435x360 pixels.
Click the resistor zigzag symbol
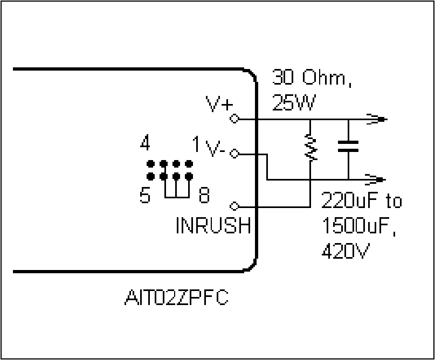click(310, 147)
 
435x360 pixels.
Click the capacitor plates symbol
click(348, 146)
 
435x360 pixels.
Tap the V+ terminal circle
click(234, 119)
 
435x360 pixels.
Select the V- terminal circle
click(234, 154)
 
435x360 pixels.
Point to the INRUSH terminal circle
click(234, 206)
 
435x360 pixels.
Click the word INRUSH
click(213, 225)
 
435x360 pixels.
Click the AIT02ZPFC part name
click(176, 297)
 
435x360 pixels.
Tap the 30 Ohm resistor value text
click(312, 78)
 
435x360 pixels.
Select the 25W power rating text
click(294, 102)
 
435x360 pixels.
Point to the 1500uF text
click(359, 226)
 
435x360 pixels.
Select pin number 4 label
click(145, 142)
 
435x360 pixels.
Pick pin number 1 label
click(196, 144)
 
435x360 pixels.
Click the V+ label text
click(219, 104)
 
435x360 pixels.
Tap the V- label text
click(215, 149)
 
